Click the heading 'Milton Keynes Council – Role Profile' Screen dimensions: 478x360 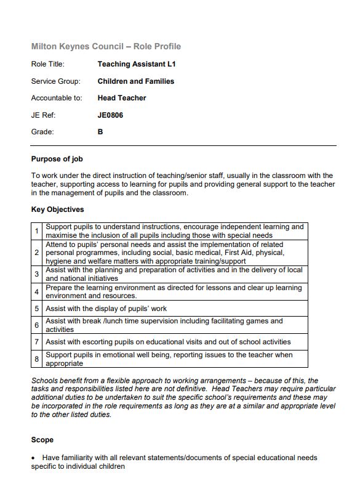click(106, 47)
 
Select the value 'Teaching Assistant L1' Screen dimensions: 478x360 click(137, 64)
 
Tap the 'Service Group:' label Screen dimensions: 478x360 click(55, 81)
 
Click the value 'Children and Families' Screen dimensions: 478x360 click(135, 81)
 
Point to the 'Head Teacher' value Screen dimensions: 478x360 click(122, 98)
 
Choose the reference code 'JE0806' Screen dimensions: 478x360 click(110, 115)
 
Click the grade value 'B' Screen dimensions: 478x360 click(100, 132)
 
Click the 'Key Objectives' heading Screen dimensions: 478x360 click(57, 209)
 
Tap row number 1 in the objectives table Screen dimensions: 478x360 click(37, 231)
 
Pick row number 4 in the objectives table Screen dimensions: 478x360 click(37, 292)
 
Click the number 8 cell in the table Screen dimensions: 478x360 click(37, 359)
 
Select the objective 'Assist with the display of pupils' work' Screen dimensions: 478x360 click(106, 309)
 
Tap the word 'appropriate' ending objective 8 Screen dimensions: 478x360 click(64, 363)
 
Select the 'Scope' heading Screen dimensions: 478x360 click(42, 440)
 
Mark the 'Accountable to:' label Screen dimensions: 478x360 click(57, 98)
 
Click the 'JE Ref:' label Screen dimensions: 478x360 click(43, 115)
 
